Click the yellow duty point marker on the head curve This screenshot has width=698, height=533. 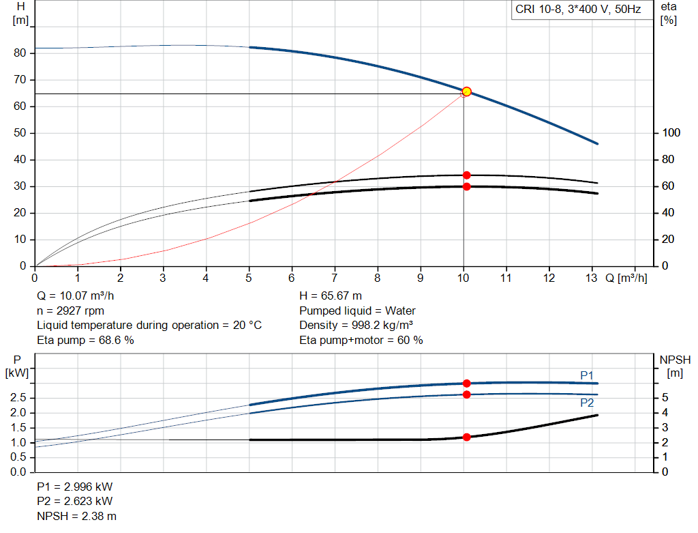tap(466, 91)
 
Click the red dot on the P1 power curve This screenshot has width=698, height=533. tap(466, 384)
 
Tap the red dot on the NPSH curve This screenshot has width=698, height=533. tap(466, 437)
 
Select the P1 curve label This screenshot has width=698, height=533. tap(587, 375)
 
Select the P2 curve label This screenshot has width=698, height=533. tap(587, 403)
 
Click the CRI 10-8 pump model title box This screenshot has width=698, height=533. tap(578, 10)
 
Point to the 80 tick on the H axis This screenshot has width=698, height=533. tap(20, 53)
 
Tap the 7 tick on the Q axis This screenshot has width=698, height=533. tap(335, 278)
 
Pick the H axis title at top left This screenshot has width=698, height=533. tap(20, 13)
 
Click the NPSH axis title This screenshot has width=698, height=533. tap(675, 366)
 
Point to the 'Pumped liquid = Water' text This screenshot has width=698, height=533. tap(357, 311)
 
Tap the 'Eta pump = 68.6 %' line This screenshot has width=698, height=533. tap(85, 340)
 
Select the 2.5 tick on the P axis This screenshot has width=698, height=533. tap(20, 398)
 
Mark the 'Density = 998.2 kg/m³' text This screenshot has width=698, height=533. tap(356, 325)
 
